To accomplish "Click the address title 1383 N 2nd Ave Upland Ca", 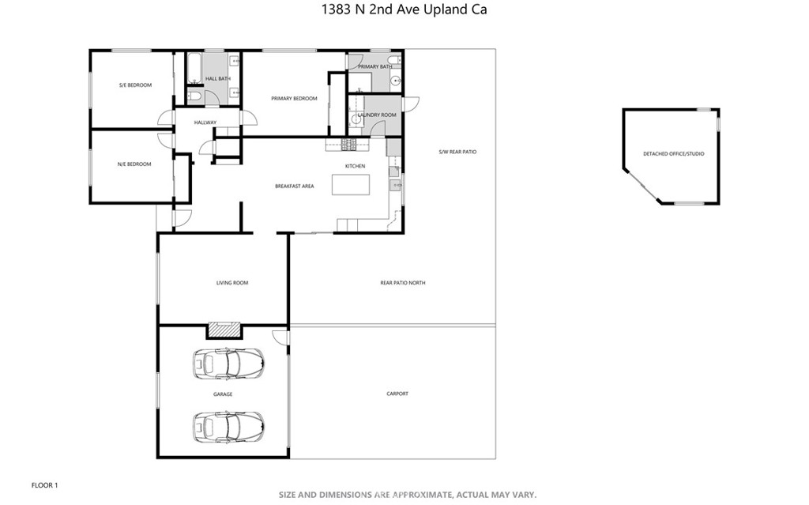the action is (404, 9).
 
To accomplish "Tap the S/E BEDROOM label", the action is (135, 85).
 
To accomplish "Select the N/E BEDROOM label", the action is (134, 164).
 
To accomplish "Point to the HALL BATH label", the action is (218, 79).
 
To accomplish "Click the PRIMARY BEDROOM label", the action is (294, 99).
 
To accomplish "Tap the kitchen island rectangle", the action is (351, 185).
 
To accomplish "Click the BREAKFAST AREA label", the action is (294, 187).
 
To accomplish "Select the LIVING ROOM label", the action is (232, 283).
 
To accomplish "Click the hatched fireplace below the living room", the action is (224, 330).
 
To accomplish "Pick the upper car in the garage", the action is (228, 364).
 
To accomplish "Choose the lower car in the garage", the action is (228, 427).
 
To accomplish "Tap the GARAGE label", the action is (223, 394).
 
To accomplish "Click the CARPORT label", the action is (397, 394).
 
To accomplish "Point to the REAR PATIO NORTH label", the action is (403, 283).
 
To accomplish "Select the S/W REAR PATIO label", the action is (457, 153).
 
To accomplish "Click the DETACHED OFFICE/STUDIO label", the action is (673, 154).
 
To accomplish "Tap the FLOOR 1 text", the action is (44, 485).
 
